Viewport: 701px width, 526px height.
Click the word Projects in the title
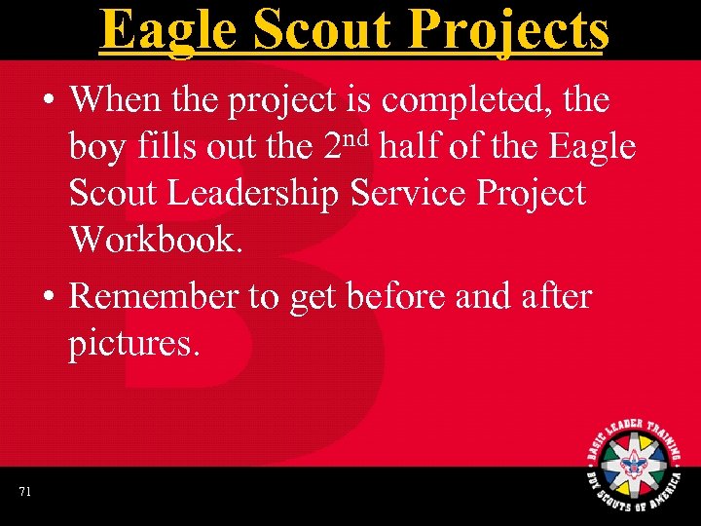513,31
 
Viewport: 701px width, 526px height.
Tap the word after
559,296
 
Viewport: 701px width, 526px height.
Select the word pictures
133,344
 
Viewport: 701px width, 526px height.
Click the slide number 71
24,493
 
